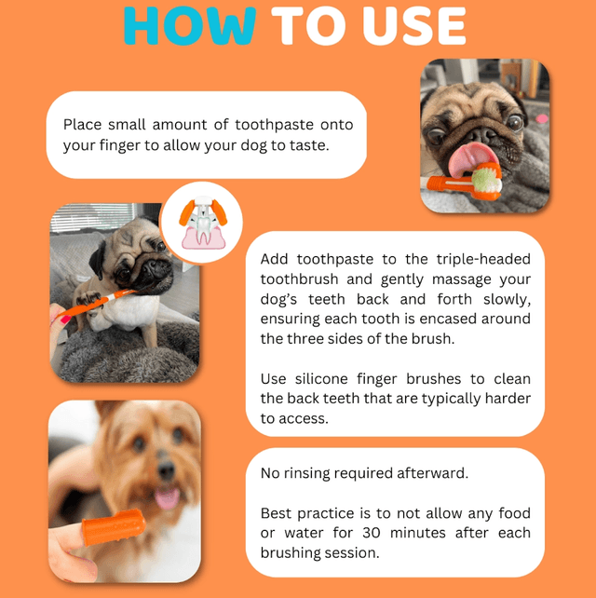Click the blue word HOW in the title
pyautogui.click(x=190, y=25)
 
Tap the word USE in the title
pyautogui.click(x=414, y=25)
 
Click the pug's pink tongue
pyautogui.click(x=471, y=158)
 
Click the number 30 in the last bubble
pyautogui.click(x=371, y=533)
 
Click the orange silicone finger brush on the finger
pyautogui.click(x=114, y=526)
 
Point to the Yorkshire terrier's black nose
pyautogui.click(x=166, y=469)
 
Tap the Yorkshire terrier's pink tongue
pyautogui.click(x=167, y=498)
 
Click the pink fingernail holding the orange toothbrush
pyautogui.click(x=65, y=319)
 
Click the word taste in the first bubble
pyautogui.click(x=308, y=145)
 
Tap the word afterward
pyautogui.click(x=432, y=473)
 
